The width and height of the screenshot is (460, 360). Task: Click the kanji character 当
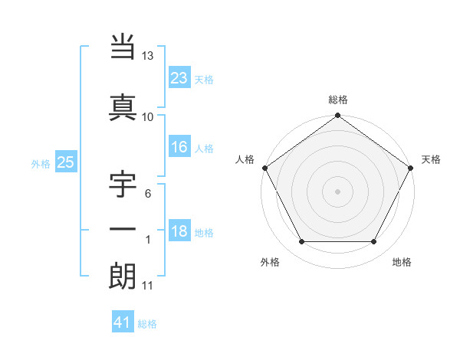coord(123,47)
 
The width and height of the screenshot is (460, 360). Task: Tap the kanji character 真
coord(123,106)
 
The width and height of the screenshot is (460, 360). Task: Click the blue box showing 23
coord(179,78)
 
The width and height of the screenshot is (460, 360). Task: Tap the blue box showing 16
coord(179,147)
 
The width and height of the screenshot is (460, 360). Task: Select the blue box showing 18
coord(179,232)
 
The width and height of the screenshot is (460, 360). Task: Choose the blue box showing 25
coord(65,162)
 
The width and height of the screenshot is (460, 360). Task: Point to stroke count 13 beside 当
coord(148,57)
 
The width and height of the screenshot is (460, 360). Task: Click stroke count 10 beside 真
coord(148,116)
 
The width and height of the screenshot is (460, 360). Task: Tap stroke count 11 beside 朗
coord(148,286)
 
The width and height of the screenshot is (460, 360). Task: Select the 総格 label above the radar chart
coord(337,100)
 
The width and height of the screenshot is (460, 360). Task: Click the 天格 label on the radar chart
coord(431,159)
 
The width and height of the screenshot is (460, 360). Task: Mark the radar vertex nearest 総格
coord(337,116)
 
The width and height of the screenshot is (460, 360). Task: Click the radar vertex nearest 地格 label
coord(374,242)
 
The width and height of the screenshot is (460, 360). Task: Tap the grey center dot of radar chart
coord(337,191)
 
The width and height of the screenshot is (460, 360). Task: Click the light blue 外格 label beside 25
coord(40,163)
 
